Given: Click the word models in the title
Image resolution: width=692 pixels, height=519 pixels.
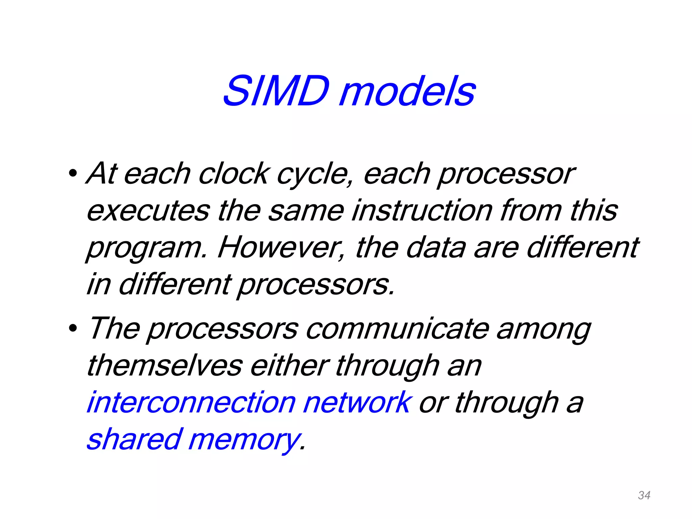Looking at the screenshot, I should tap(407, 91).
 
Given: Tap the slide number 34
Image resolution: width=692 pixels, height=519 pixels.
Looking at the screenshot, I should tap(644, 495).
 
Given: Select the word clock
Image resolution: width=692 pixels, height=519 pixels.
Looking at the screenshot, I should tap(233, 174).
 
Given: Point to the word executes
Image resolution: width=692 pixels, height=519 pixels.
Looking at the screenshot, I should tap(148, 211).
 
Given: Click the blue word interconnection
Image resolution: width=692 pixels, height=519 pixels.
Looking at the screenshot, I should tap(191, 402).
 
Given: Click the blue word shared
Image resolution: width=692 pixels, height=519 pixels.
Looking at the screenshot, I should tap(135, 439).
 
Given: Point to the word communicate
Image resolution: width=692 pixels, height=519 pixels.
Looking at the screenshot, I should tap(397, 329).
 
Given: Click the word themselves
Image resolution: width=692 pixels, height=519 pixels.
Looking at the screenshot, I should tap(165, 366).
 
